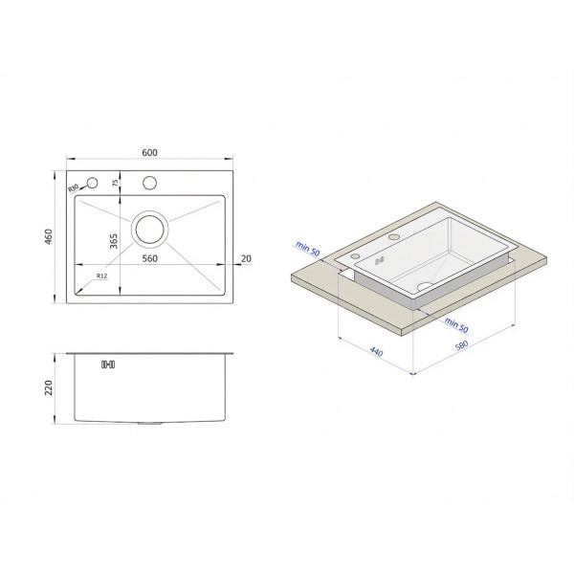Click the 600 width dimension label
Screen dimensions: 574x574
click(150, 152)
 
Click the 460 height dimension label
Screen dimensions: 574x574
click(49, 237)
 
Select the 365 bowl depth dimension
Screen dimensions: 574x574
click(114, 241)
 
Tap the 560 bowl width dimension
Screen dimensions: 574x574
click(150, 258)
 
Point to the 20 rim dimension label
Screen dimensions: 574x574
click(247, 258)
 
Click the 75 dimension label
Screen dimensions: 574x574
click(116, 183)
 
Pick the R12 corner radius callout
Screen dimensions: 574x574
click(101, 276)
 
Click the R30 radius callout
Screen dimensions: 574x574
click(74, 188)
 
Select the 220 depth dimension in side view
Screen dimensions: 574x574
click(49, 387)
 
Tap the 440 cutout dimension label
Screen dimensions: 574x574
click(376, 351)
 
